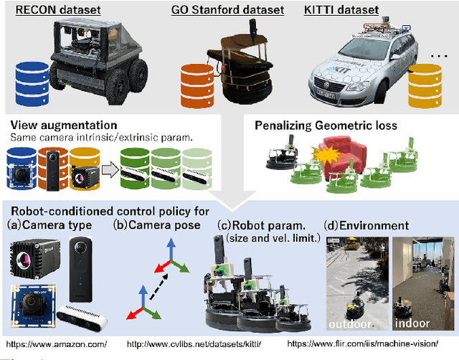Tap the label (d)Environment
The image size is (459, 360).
point(367,225)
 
